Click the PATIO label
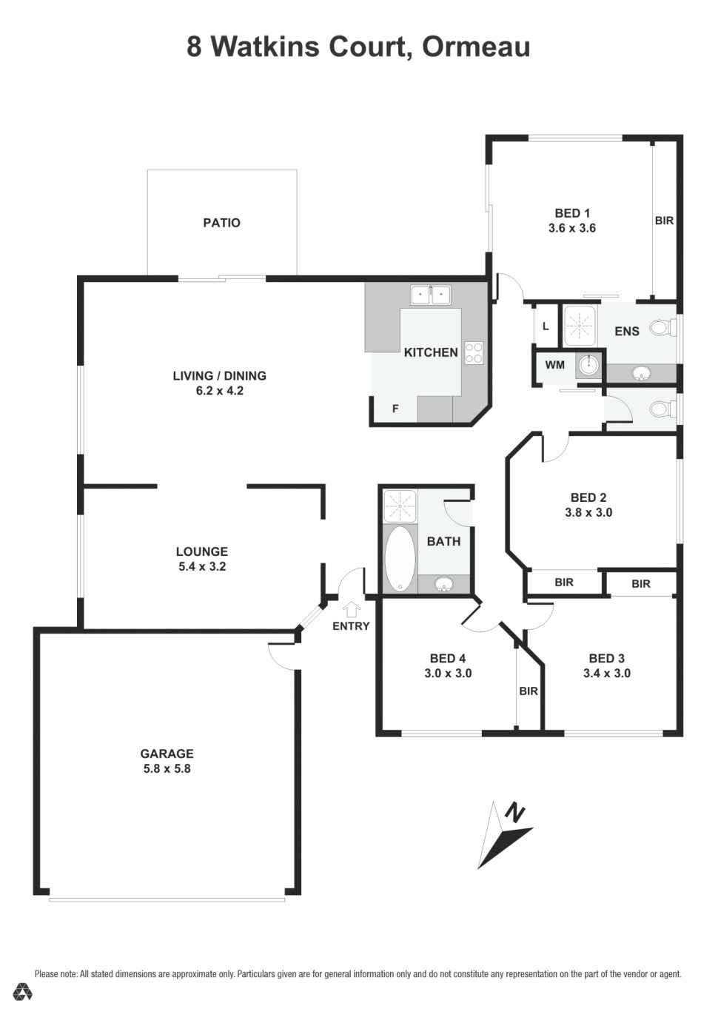point(221,223)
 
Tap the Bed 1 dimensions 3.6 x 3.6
point(571,229)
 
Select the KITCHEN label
point(430,352)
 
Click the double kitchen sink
point(431,295)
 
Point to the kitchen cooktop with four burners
point(474,353)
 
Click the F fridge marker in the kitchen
point(395,408)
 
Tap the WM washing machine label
point(554,365)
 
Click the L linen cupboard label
point(546,326)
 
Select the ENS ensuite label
point(626,331)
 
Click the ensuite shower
point(580,325)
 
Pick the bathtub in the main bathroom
point(400,558)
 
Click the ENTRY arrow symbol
point(351,608)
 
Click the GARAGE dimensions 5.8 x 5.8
point(167,769)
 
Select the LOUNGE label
point(201,552)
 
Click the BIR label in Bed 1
point(664,221)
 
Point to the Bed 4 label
point(447,659)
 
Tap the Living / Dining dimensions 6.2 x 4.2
point(219,391)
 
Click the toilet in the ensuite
point(662,327)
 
